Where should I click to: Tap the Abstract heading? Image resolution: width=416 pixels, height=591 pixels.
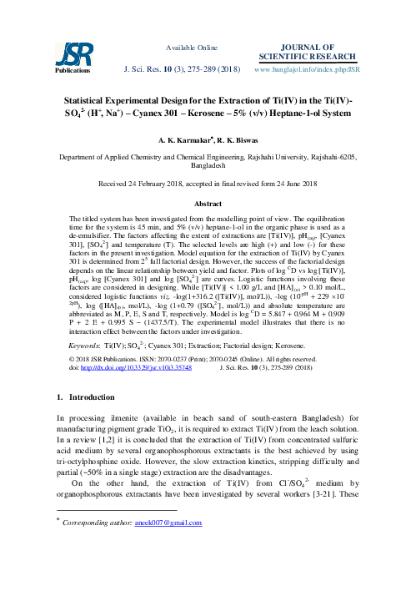[208, 204]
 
